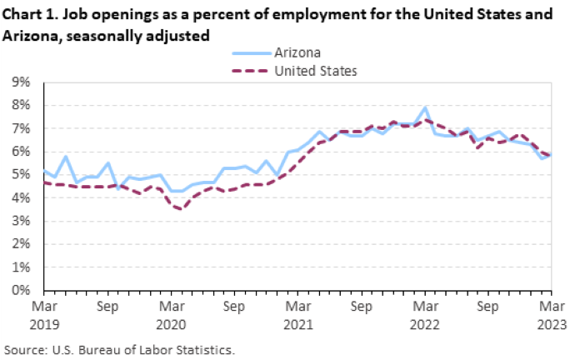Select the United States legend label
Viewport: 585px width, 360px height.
316,71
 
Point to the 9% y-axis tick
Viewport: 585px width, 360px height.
21,82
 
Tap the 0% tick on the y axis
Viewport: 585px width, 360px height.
21,291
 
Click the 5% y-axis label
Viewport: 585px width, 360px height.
21,175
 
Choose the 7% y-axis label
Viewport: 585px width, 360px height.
21,129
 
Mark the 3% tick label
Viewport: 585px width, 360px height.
21,222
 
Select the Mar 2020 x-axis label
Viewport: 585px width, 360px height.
170,313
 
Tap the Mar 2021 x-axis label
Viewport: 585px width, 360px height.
297,313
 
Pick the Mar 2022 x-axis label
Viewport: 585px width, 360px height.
425,313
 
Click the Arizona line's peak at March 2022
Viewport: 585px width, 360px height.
425,107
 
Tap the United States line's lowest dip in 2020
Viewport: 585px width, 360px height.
181,209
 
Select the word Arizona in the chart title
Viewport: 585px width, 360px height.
27,35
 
